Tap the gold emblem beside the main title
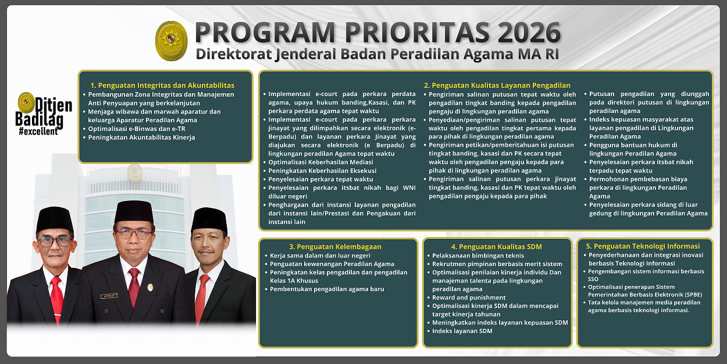[x=171, y=41]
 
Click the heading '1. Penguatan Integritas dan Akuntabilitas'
[x=162, y=85]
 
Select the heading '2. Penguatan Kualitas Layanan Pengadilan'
[x=497, y=85]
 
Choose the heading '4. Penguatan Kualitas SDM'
[x=496, y=246]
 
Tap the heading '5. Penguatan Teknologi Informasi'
[x=643, y=246]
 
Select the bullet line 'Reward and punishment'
[x=461, y=298]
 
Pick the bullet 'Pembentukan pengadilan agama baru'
[x=327, y=289]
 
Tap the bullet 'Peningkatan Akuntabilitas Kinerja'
[x=141, y=137]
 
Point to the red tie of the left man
[x=56, y=297]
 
